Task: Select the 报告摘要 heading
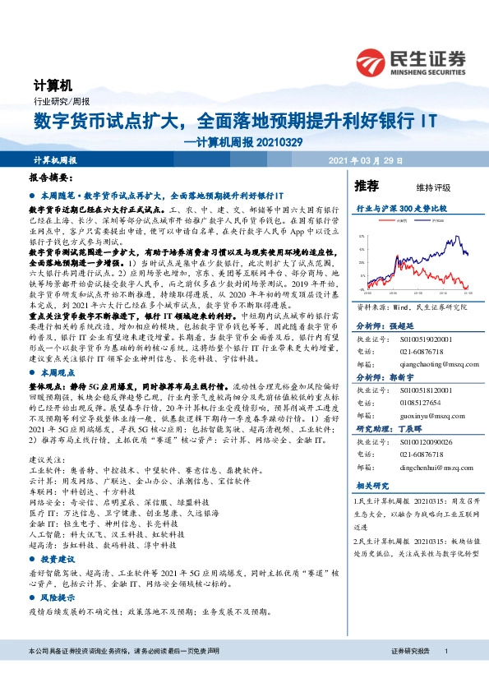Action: (50, 178)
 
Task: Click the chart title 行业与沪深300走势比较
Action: (401, 210)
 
